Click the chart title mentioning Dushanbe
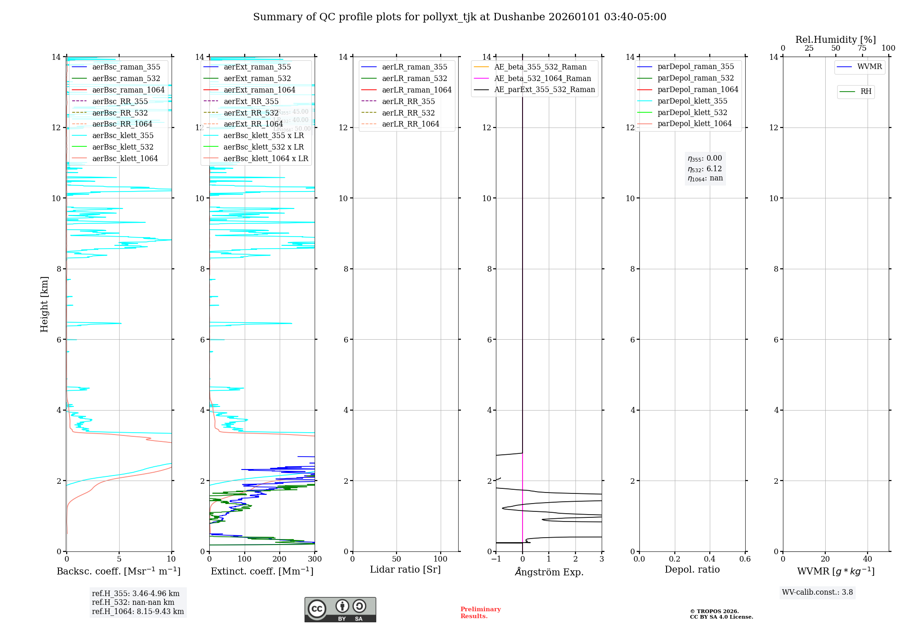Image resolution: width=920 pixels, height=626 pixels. click(x=460, y=17)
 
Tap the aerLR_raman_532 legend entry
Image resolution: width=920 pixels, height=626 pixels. click(x=414, y=79)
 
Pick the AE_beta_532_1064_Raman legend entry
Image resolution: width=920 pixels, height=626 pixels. click(x=542, y=79)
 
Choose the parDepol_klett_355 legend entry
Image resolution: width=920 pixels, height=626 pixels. click(x=692, y=101)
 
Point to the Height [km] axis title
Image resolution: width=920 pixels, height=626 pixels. click(x=44, y=304)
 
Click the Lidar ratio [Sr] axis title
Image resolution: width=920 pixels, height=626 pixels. click(x=405, y=570)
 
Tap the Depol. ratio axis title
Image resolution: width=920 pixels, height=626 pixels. click(x=692, y=570)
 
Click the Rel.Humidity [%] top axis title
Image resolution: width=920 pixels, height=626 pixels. click(x=835, y=40)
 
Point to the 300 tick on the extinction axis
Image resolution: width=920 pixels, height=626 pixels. click(x=315, y=559)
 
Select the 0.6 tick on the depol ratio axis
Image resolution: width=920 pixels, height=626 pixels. click(x=745, y=559)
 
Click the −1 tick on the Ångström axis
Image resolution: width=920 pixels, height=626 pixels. click(x=496, y=559)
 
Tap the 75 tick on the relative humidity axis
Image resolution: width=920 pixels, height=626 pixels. click(x=862, y=48)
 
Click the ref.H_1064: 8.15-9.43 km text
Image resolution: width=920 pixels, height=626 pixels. click(x=138, y=612)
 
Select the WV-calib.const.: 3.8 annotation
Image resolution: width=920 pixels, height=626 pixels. click(x=817, y=592)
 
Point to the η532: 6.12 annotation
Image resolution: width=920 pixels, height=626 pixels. click(x=705, y=169)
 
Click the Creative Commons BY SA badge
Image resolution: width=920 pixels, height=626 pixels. click(x=340, y=609)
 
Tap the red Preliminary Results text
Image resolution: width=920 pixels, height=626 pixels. click(x=480, y=613)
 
